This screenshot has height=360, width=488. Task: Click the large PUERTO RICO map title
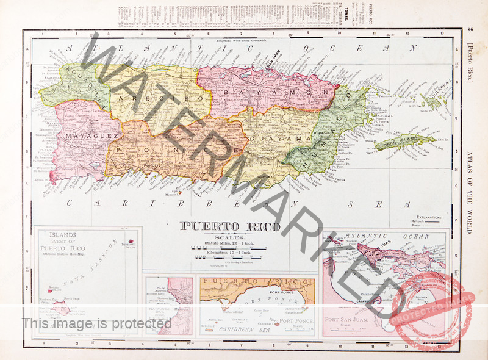[x=230, y=226]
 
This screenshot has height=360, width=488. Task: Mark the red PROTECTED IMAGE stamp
[x=430, y=308]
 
